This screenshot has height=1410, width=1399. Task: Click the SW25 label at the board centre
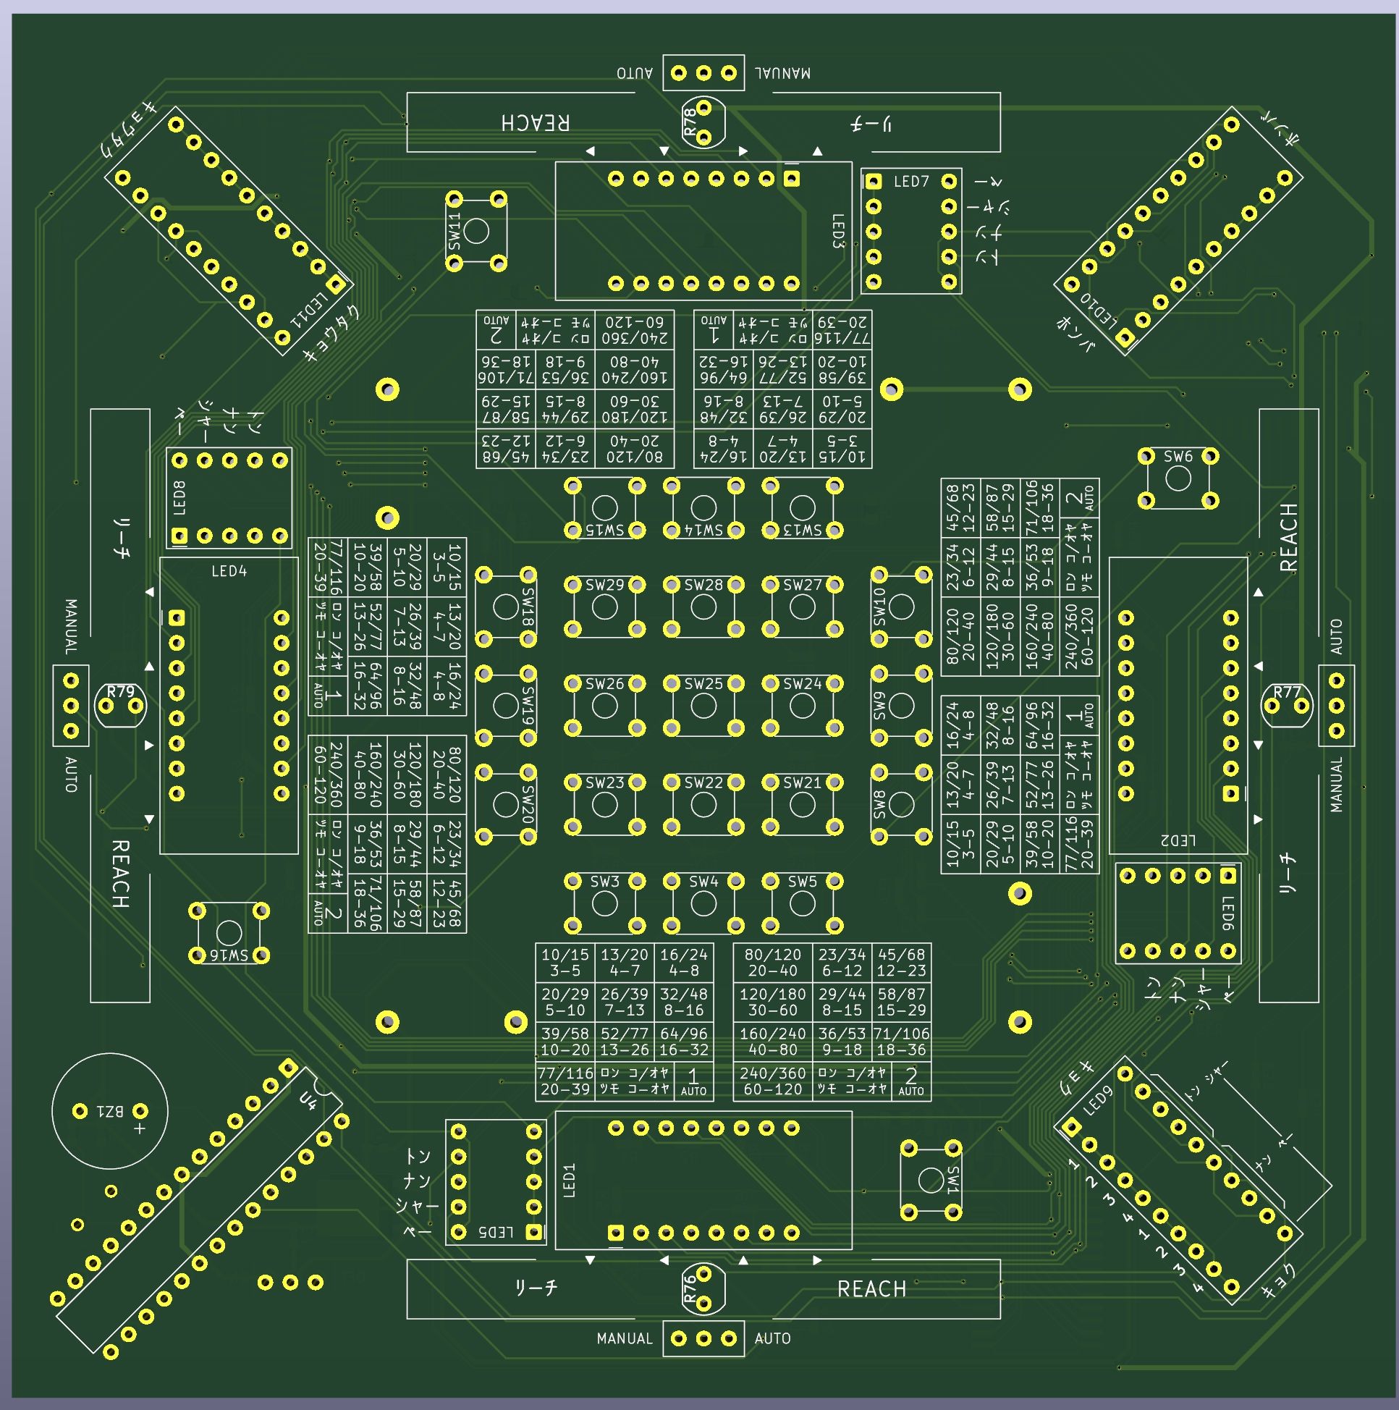pyautogui.click(x=703, y=684)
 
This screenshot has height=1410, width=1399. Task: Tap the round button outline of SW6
pyautogui.click(x=1178, y=478)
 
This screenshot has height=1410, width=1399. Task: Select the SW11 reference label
pyautogui.click(x=455, y=232)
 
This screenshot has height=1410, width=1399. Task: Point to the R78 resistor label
pyautogui.click(x=690, y=122)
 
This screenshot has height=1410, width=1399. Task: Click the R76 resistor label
pyautogui.click(x=690, y=1290)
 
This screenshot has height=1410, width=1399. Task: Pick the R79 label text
pyautogui.click(x=120, y=691)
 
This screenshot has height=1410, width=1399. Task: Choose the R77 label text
pyautogui.click(x=1287, y=691)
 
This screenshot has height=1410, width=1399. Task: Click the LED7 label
pyautogui.click(x=910, y=182)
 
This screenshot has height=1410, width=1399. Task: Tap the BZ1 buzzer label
pyautogui.click(x=109, y=1112)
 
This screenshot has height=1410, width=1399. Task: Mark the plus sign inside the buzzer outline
pyautogui.click(x=139, y=1129)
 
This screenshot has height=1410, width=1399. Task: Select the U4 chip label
pyautogui.click(x=308, y=1100)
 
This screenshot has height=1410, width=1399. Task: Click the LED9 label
pyautogui.click(x=1099, y=1100)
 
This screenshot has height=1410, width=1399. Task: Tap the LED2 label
pyautogui.click(x=1178, y=841)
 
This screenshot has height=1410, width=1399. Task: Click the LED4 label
pyautogui.click(x=229, y=571)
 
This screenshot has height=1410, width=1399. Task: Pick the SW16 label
pyautogui.click(x=229, y=955)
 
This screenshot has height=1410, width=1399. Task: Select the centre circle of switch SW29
pyautogui.click(x=604, y=607)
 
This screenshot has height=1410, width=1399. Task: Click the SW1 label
pyautogui.click(x=953, y=1179)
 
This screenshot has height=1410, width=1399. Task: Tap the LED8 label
pyautogui.click(x=179, y=498)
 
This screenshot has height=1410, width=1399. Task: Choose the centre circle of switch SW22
pyautogui.click(x=703, y=804)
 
